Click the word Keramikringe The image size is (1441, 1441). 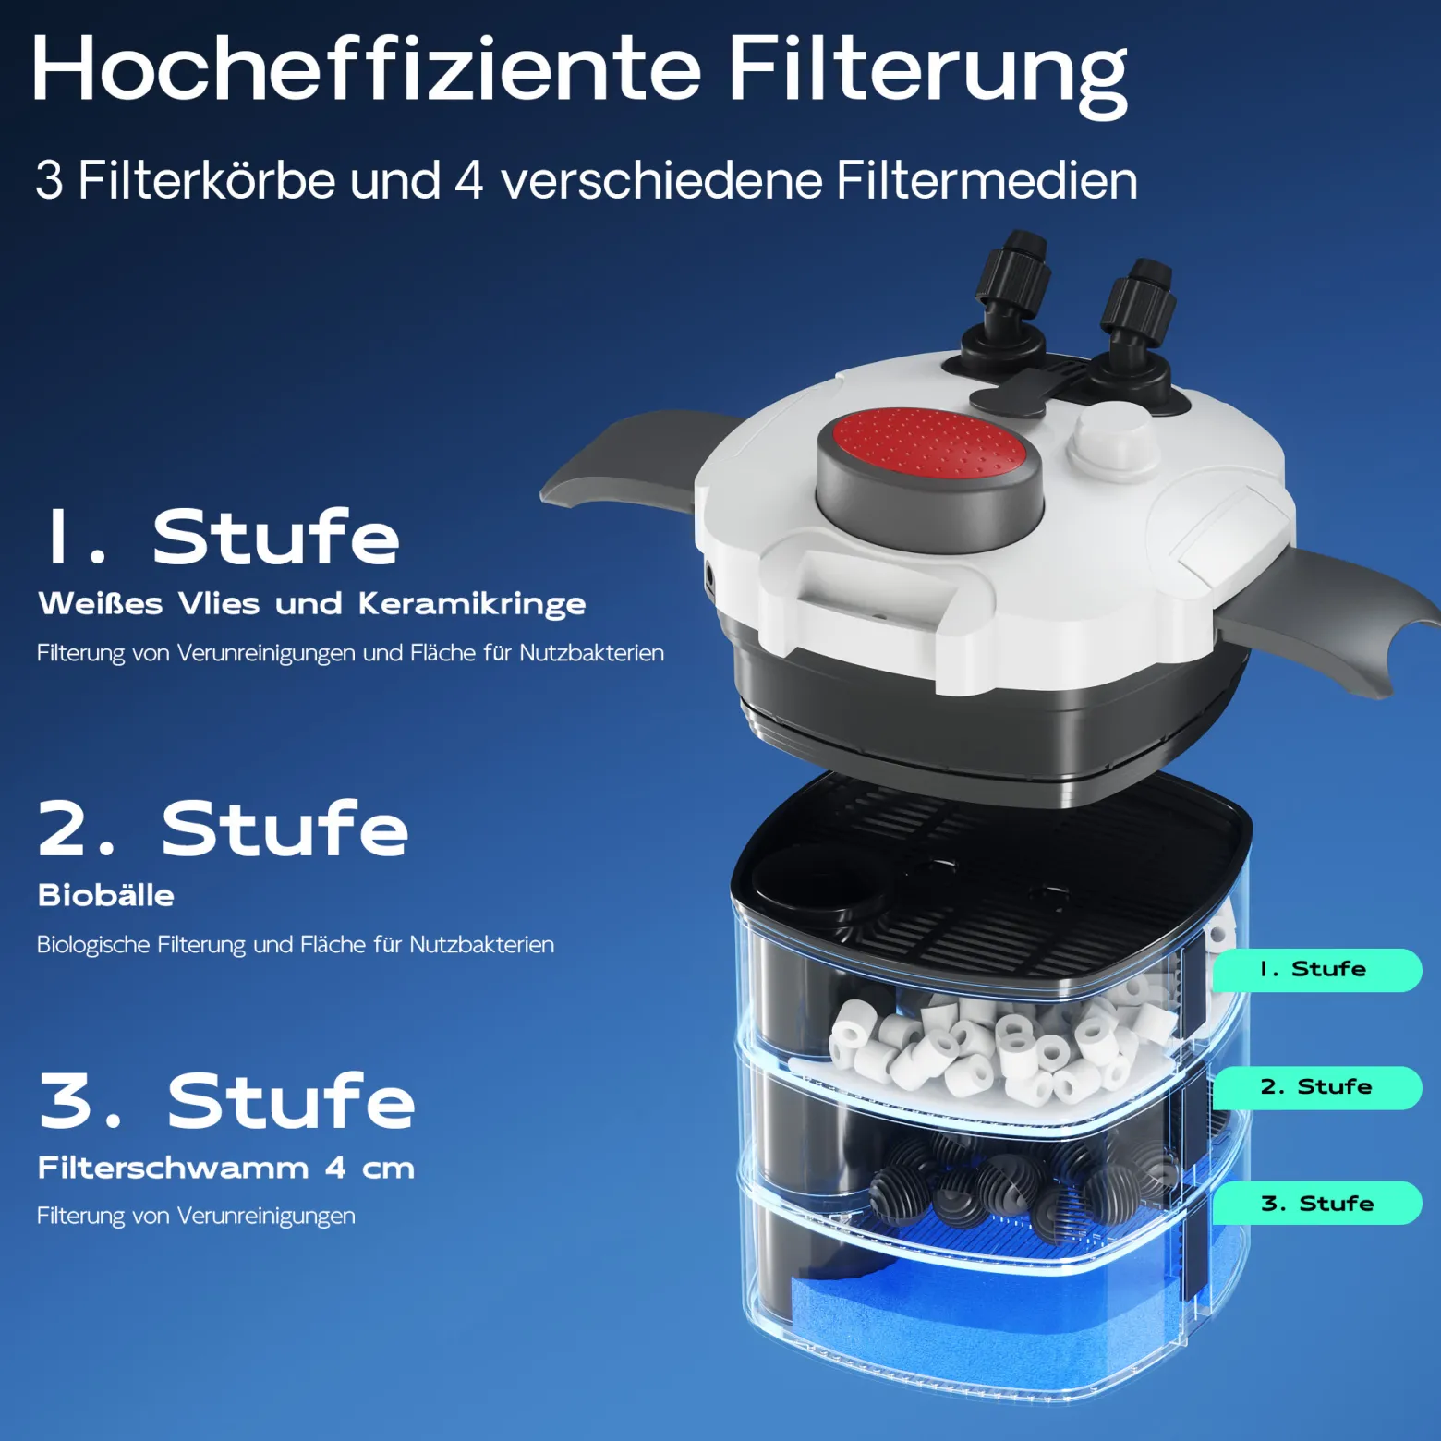(472, 604)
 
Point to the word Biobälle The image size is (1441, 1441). (106, 895)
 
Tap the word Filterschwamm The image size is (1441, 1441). (174, 1168)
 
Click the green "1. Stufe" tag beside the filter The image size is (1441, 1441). (1316, 970)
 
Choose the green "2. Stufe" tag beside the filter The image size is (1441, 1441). (1316, 1087)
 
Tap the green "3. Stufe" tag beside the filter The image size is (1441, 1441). (1316, 1204)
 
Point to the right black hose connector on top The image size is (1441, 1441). (1136, 323)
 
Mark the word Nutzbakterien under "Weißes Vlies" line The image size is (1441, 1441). (591, 653)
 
